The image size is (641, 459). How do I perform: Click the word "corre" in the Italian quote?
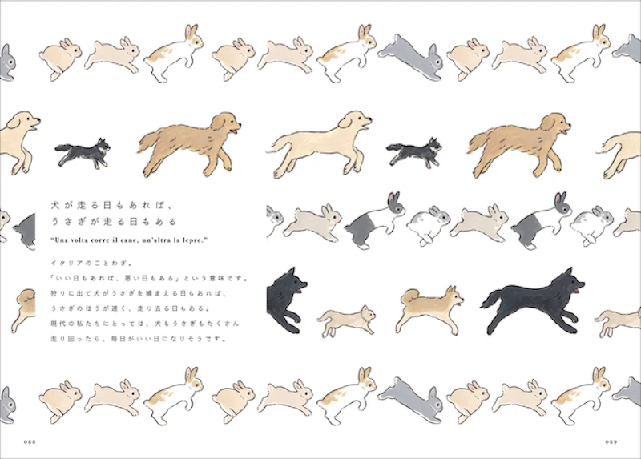click(115, 240)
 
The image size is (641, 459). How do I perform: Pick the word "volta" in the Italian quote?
click(87, 240)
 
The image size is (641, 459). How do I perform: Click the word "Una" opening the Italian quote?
click(62, 240)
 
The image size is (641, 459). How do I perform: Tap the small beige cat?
click(346, 321)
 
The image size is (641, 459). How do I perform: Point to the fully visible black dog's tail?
click(490, 303)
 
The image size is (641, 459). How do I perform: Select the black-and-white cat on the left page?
click(83, 151)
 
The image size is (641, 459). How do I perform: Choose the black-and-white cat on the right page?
click(414, 151)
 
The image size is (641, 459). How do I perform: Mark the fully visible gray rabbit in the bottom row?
click(409, 392)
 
